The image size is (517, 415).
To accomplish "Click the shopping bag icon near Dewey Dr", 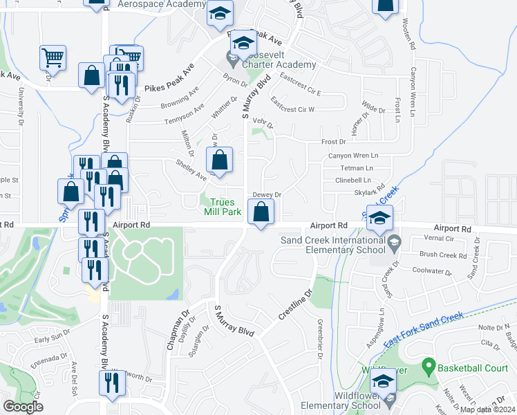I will pyautogui.click(x=261, y=214).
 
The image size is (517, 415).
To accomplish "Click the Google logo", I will pyautogui.click(x=23, y=407).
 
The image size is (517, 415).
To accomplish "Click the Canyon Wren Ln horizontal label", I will pyautogui.click(x=354, y=156).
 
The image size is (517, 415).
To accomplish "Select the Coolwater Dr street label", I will pyautogui.click(x=431, y=270).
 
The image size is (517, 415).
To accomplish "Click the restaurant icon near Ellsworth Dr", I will pyautogui.click(x=111, y=383).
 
